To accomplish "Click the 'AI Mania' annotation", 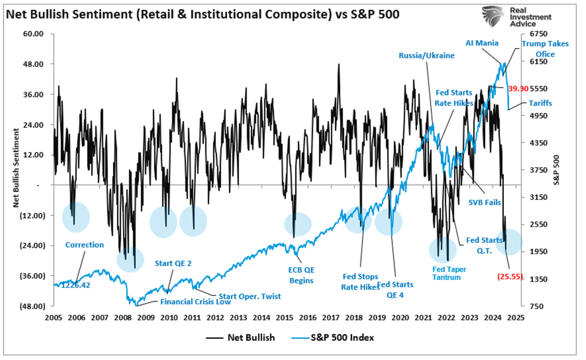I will pos(481,43).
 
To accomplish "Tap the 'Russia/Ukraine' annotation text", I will pos(426,56).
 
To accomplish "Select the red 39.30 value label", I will pos(518,89).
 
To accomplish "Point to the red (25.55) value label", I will pos(510,276).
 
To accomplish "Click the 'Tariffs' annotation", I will pos(540,103).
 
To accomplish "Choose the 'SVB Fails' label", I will pos(484,202).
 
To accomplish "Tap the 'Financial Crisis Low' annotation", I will pos(195,302).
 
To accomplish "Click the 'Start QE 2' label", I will pos(173,264).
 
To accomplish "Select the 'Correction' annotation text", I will pos(84,245).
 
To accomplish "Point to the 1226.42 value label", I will pos(76,285).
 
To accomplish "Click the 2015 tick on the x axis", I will pos(284,318).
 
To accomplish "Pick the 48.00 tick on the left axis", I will pos(33,64).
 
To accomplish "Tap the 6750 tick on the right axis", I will pos(538,34).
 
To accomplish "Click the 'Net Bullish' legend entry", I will pos(251,337).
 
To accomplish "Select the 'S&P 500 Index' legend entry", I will pos(342,337).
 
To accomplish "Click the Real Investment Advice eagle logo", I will pos(493,16).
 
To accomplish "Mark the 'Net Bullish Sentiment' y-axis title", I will pos(16,168).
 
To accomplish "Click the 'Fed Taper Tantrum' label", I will pos(449,273).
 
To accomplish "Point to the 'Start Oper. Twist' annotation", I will pos(250,296).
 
